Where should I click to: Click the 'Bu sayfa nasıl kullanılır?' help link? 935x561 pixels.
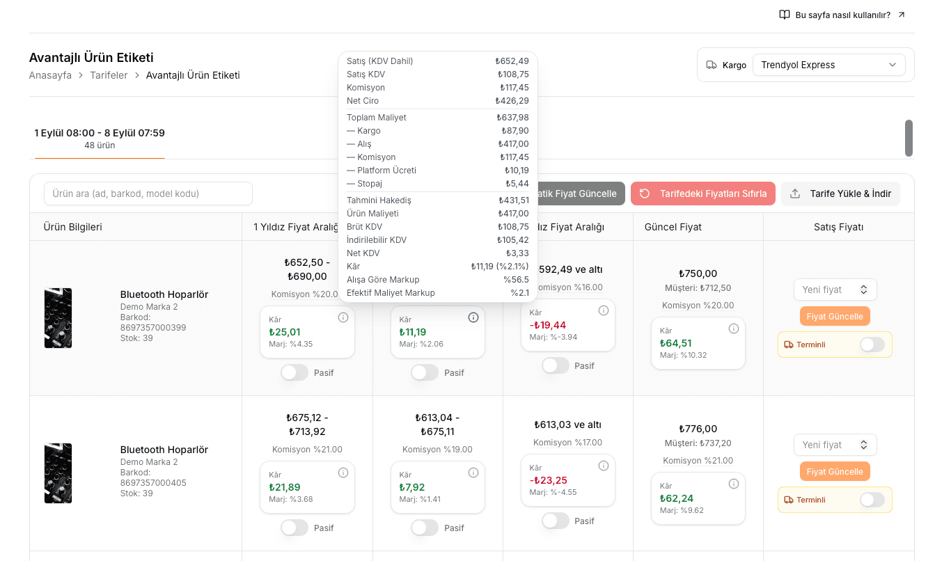[842, 15]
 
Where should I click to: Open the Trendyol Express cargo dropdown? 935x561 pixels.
[828, 65]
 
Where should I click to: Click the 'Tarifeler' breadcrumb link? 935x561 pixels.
[109, 75]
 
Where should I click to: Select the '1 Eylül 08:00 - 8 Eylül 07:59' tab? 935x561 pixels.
[100, 139]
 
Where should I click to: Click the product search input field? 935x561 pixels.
[148, 193]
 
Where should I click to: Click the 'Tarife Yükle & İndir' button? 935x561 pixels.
[841, 193]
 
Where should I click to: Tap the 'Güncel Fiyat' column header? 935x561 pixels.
[673, 227]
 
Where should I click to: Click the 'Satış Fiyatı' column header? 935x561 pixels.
[839, 227]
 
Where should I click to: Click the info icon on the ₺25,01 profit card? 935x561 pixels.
[343, 317]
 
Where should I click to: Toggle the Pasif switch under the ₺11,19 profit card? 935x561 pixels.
[425, 372]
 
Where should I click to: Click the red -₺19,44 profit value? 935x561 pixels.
[548, 325]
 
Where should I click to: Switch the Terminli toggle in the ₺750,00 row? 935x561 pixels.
[872, 345]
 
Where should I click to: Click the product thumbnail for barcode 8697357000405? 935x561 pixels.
[58, 473]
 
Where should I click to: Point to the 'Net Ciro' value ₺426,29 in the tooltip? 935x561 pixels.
[512, 101]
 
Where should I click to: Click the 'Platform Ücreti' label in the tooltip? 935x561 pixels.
[386, 171]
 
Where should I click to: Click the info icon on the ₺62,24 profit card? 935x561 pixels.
[733, 484]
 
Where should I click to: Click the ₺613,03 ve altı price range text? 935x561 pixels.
[567, 425]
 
